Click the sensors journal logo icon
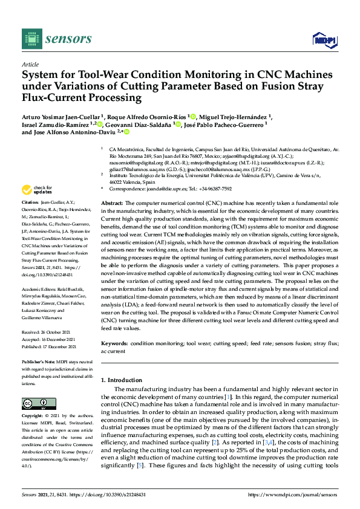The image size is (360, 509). [x=30, y=39]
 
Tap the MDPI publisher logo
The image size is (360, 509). [x=324, y=40]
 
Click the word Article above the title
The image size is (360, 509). [x=30, y=63]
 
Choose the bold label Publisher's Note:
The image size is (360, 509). [x=39, y=361]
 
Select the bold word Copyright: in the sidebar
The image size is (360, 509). [x=33, y=417]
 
